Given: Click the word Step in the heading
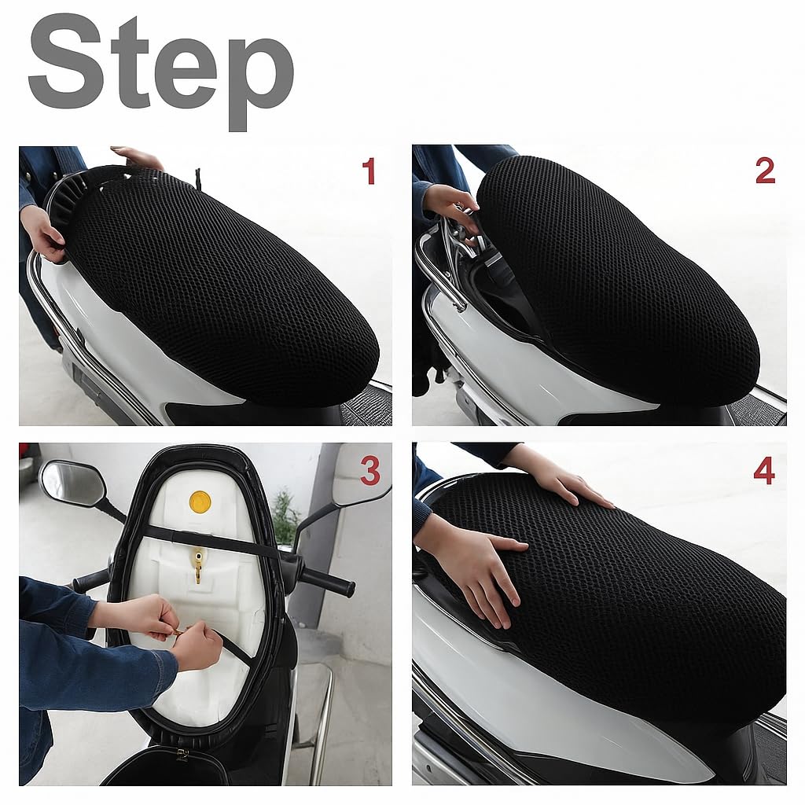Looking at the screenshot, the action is [160, 72].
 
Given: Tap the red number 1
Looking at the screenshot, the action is [369, 171].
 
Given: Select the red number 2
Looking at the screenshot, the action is [765, 171].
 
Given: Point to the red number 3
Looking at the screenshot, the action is [369, 472].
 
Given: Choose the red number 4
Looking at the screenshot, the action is [764, 472].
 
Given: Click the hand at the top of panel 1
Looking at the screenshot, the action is [137, 157].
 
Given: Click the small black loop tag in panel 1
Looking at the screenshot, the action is [197, 178].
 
